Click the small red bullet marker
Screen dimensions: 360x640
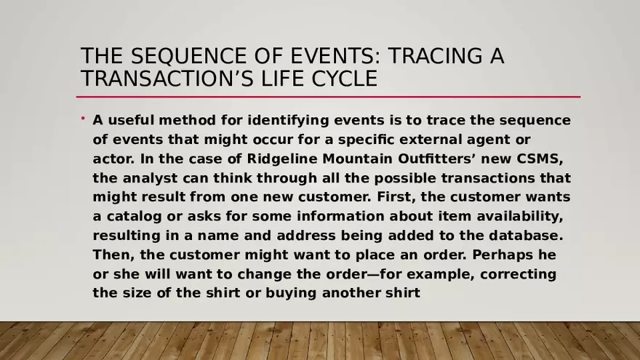coord(83,118)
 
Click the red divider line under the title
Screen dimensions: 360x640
coord(328,97)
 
